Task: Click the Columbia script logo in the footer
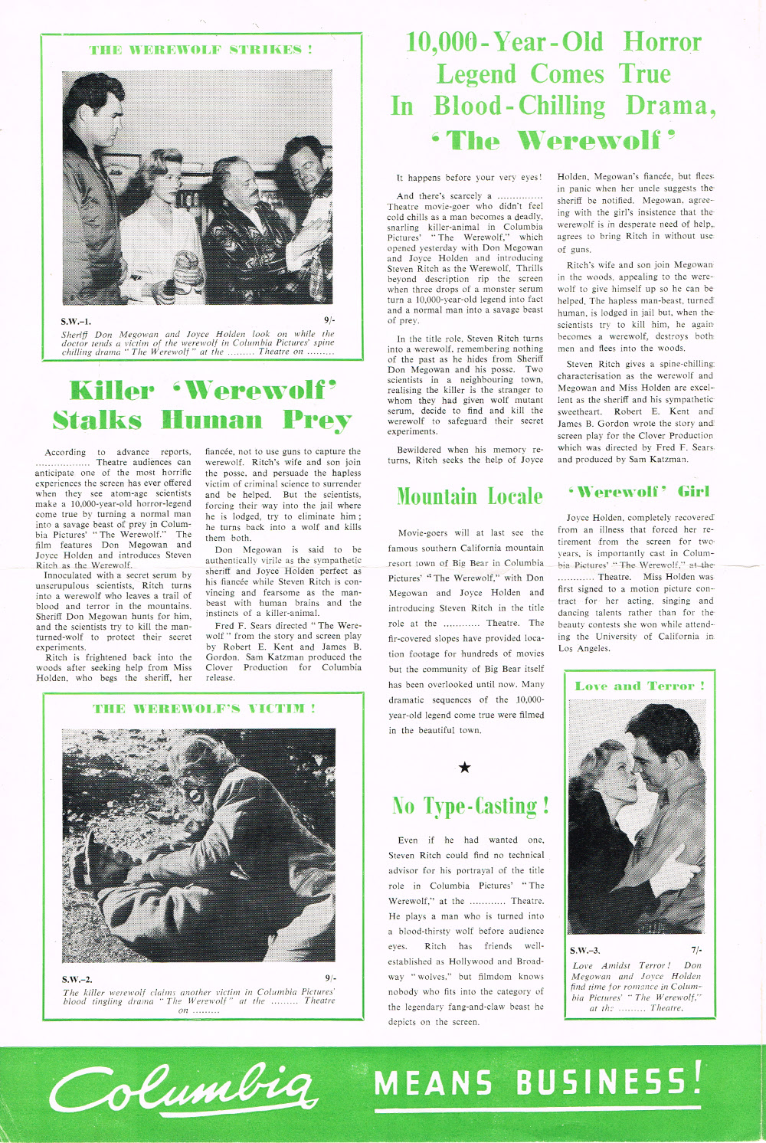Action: click(182, 1086)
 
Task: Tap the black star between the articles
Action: click(464, 768)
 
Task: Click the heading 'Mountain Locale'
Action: click(470, 496)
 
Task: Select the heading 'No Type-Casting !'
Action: click(470, 806)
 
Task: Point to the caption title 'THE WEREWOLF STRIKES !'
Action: click(201, 50)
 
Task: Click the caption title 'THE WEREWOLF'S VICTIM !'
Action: click(204, 709)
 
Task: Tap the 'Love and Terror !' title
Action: click(640, 686)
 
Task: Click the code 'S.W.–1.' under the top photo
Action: click(76, 321)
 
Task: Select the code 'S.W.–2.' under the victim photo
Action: click(77, 979)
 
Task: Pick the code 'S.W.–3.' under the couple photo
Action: click(585, 951)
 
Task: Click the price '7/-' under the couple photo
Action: click(696, 951)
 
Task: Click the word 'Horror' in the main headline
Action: click(662, 41)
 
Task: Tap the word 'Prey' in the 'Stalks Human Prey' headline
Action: click(317, 421)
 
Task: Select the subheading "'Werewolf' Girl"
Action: click(639, 491)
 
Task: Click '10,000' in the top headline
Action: click(440, 41)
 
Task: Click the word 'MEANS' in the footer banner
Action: click(434, 1083)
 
